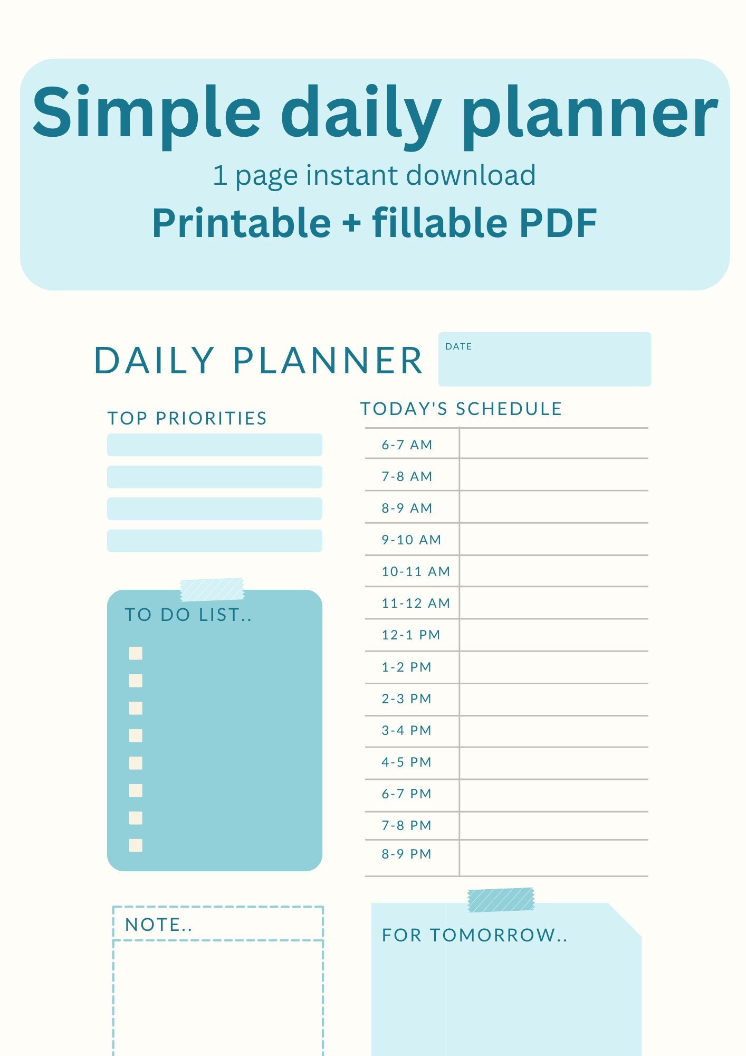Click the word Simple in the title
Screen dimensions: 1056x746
146,114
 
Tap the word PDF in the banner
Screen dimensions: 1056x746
558,223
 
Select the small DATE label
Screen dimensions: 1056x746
458,347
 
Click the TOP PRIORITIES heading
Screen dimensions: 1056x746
187,418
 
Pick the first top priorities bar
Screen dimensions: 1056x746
214,445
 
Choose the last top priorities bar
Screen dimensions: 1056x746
214,541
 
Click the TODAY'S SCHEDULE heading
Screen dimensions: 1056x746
461,409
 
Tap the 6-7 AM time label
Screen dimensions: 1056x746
407,445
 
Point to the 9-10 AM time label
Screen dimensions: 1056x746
411,540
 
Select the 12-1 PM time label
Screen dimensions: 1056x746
410,635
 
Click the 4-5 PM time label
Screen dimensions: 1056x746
406,762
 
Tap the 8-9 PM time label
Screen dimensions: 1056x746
406,854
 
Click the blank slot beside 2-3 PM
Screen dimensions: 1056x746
553,699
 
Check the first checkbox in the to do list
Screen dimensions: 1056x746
136,654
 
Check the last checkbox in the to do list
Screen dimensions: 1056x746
136,845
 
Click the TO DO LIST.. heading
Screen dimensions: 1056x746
188,615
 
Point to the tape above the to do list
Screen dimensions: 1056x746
212,590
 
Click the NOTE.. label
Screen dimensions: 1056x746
158,925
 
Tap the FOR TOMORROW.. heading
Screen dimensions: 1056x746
474,935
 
